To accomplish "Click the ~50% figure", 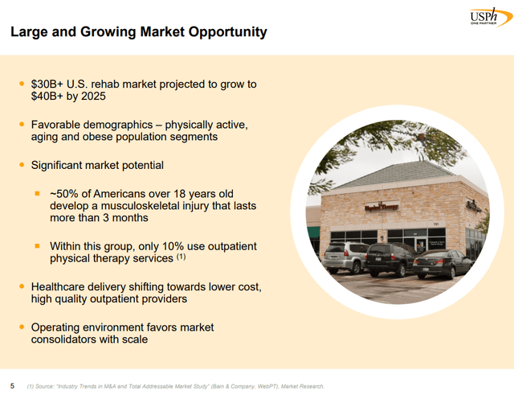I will tap(66, 194).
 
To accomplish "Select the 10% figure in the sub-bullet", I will tap(186, 246).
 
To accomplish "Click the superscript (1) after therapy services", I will tap(182, 257).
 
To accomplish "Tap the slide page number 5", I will tap(12, 385).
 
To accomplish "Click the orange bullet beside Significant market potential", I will tap(22, 166).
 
